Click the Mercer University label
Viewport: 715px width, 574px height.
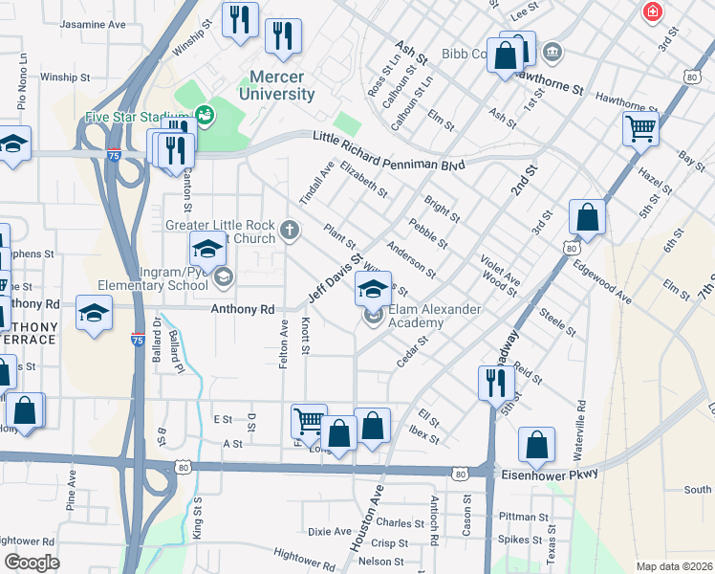pos(282,85)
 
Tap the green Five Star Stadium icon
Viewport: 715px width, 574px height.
pos(204,117)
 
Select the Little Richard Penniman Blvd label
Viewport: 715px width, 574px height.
pos(389,152)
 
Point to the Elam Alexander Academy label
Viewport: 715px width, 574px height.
pos(416,316)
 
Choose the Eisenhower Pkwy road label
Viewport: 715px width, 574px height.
pos(548,474)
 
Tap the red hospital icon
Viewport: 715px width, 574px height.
pos(652,12)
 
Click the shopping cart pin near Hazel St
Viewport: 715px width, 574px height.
pos(639,128)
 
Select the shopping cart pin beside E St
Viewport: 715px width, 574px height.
pos(309,421)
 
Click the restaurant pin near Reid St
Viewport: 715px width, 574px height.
pos(496,382)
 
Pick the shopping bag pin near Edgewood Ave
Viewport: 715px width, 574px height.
pos(587,217)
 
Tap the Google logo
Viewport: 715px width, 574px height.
pos(32,562)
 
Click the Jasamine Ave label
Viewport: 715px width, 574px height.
pos(92,24)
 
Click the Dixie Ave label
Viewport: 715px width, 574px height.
pos(330,531)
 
